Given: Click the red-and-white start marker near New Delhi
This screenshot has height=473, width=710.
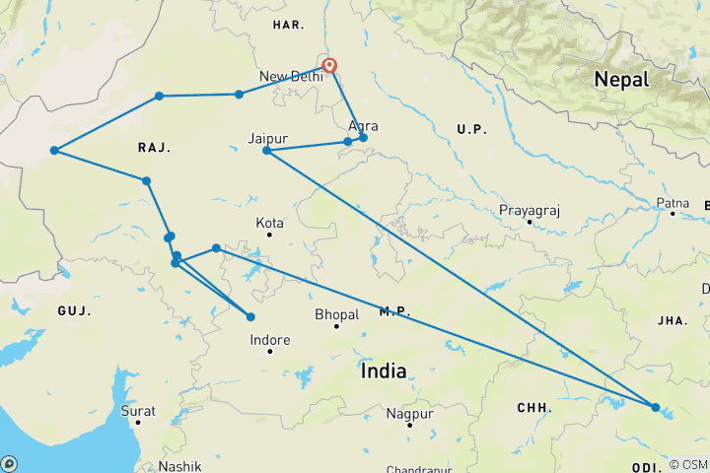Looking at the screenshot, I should pos(330,67).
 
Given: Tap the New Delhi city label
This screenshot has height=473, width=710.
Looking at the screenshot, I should pos(291,77).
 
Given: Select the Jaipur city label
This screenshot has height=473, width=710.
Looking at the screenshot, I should pos(269,138).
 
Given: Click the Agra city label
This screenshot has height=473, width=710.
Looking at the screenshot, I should pos(363,126).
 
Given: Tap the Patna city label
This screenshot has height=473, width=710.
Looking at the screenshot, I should pos(673,203).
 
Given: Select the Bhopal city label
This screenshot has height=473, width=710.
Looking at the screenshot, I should pos(336,315).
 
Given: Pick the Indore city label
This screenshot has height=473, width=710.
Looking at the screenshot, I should pos(270,340).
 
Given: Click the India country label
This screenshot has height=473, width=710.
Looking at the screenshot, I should pos(384,371).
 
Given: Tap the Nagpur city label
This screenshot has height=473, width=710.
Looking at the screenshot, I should pos(410,413).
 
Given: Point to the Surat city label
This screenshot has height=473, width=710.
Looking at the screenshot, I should pos(138,409).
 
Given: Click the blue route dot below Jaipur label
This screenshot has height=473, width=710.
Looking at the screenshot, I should pos(266,150).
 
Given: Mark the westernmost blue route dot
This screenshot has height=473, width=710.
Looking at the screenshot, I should pos(54,151).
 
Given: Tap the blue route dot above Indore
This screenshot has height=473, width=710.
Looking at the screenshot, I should pos(250,316).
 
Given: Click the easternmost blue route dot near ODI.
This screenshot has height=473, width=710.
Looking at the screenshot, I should pos(656,407).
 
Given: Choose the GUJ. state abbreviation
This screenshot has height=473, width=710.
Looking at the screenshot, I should pos(73,310).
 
